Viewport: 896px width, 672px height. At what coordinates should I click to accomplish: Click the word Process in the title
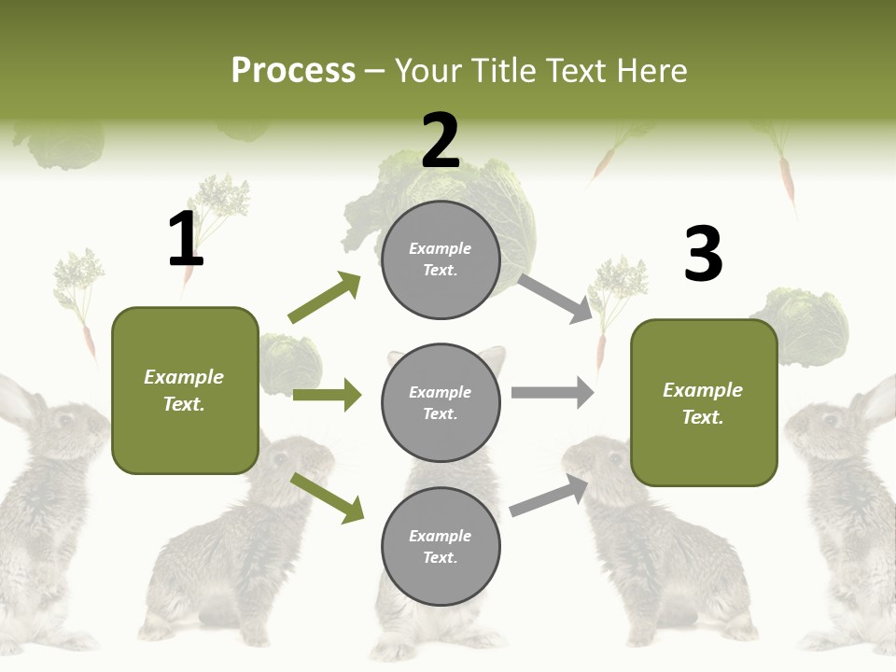coord(293,70)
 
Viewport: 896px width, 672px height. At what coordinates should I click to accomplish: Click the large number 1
coord(185,239)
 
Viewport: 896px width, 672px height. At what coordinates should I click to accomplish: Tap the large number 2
coord(440,140)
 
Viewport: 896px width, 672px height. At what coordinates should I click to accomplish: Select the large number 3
coord(703,254)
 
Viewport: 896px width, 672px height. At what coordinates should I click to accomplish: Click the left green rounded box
coord(185,390)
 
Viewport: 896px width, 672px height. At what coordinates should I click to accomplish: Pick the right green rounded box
coord(704,402)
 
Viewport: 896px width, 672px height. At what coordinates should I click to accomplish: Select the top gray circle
coord(441,259)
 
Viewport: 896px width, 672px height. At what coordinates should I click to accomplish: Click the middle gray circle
coord(441,402)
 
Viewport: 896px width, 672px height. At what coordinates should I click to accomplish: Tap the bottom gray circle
coord(441,546)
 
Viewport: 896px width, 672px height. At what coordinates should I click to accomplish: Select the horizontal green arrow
coord(327,395)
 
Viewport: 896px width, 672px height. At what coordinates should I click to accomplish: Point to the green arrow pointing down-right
coord(327,497)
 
